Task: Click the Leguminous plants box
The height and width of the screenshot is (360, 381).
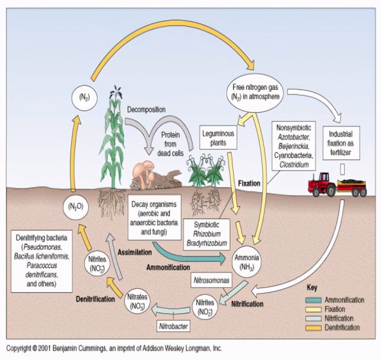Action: pyautogui.click(x=218, y=136)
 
